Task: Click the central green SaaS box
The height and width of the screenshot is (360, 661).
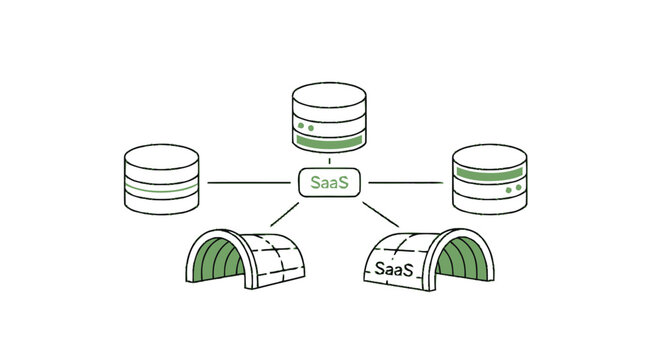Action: (330, 183)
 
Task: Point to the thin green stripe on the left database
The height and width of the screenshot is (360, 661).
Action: (161, 188)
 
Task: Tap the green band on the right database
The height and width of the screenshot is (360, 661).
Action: (489, 173)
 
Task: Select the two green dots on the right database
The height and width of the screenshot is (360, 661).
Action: (511, 188)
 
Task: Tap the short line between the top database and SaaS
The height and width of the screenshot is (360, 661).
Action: (330, 161)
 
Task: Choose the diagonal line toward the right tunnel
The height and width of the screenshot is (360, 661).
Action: (381, 214)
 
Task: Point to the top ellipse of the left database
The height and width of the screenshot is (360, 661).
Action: (161, 158)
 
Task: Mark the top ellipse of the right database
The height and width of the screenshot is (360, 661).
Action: (489, 157)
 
